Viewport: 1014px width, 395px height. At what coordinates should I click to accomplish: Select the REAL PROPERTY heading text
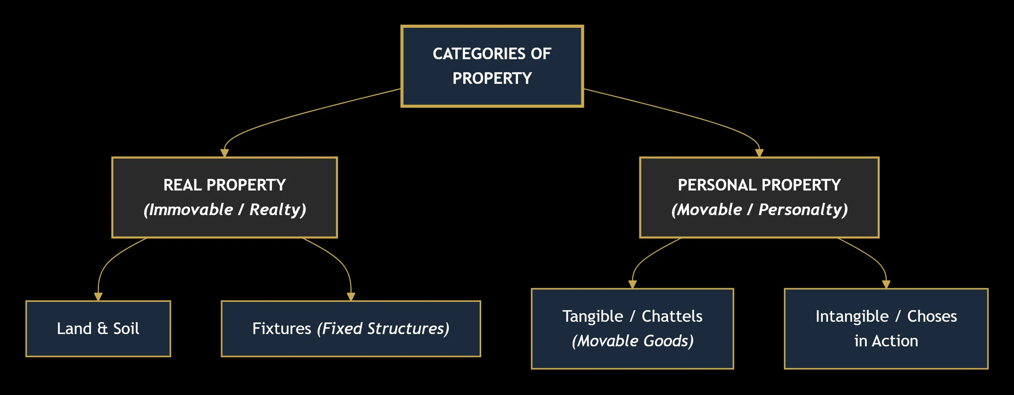coord(225,185)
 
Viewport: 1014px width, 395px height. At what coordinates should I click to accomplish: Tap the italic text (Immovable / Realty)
coord(225,210)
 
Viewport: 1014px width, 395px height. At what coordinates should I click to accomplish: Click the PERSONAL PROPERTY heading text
coord(759,185)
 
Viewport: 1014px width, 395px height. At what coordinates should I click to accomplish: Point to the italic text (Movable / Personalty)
coord(759,210)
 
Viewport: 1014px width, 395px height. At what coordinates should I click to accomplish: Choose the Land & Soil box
coord(98,329)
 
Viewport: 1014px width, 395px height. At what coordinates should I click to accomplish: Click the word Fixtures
coord(282,329)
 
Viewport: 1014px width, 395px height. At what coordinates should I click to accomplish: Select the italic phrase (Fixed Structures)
coord(383,329)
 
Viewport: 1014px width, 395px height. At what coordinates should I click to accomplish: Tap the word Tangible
coord(593,317)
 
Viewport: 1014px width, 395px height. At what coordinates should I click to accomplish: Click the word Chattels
coord(672,317)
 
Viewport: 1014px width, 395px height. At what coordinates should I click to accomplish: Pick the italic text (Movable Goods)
coord(633,341)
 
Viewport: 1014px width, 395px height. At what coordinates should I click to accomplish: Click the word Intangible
coord(852,317)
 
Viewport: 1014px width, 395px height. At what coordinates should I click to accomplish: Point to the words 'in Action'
coord(886,341)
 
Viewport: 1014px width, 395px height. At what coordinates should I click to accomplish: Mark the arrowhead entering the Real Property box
coord(225,153)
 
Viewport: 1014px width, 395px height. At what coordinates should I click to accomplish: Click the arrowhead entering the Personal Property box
coord(759,153)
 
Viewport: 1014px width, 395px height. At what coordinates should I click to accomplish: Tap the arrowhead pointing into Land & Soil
coord(98,297)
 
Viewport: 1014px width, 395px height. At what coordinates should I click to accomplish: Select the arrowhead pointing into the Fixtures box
coord(351,297)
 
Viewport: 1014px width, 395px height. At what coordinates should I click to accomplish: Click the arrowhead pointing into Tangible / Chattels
coord(633,284)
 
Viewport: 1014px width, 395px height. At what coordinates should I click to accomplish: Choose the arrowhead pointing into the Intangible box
coord(886,284)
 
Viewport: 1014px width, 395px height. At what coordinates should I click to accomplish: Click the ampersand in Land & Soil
coord(102,329)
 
